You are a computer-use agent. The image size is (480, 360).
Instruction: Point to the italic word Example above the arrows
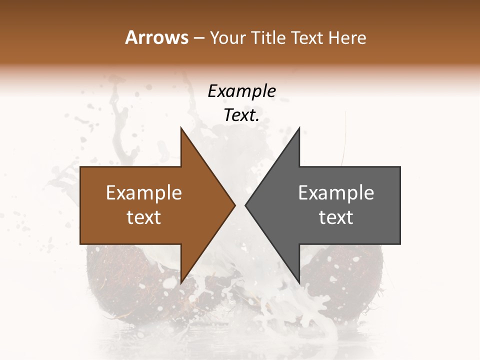pos(241,91)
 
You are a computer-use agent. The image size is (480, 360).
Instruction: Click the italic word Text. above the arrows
pos(241,115)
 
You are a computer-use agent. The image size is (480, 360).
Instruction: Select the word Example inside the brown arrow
pos(144,193)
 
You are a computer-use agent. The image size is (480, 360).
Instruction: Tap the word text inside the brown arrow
pos(144,217)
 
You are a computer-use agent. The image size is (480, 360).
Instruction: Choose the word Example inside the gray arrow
pos(336,193)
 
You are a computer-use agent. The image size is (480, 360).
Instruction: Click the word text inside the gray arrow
pos(336,217)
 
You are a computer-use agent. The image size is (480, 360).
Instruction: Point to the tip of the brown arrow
pos(235,205)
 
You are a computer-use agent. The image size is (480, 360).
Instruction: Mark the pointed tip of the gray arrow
pos(245,205)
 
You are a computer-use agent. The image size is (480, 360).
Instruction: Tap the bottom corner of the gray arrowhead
pos(299,283)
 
